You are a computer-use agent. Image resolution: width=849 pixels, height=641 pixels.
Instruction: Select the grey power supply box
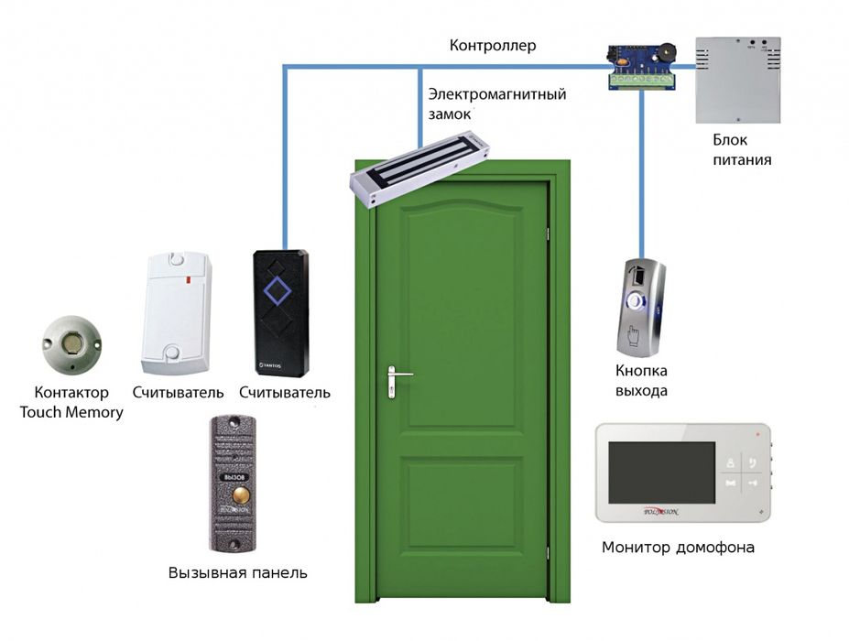pos(737,80)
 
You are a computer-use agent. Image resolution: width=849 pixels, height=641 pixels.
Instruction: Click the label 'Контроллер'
pos(493,46)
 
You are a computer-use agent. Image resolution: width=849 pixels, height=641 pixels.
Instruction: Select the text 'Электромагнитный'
pos(496,94)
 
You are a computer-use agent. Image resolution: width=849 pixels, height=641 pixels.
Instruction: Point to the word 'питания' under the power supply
pos(742,159)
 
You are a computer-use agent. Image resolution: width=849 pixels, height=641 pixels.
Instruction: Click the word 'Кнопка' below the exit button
pos(641,371)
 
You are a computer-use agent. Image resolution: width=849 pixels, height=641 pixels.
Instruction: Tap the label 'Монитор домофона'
pos(678,548)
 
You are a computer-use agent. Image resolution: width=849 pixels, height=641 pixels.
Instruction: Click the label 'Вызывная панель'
pos(237,573)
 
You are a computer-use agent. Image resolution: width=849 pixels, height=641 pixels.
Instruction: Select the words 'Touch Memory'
pos(71,412)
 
